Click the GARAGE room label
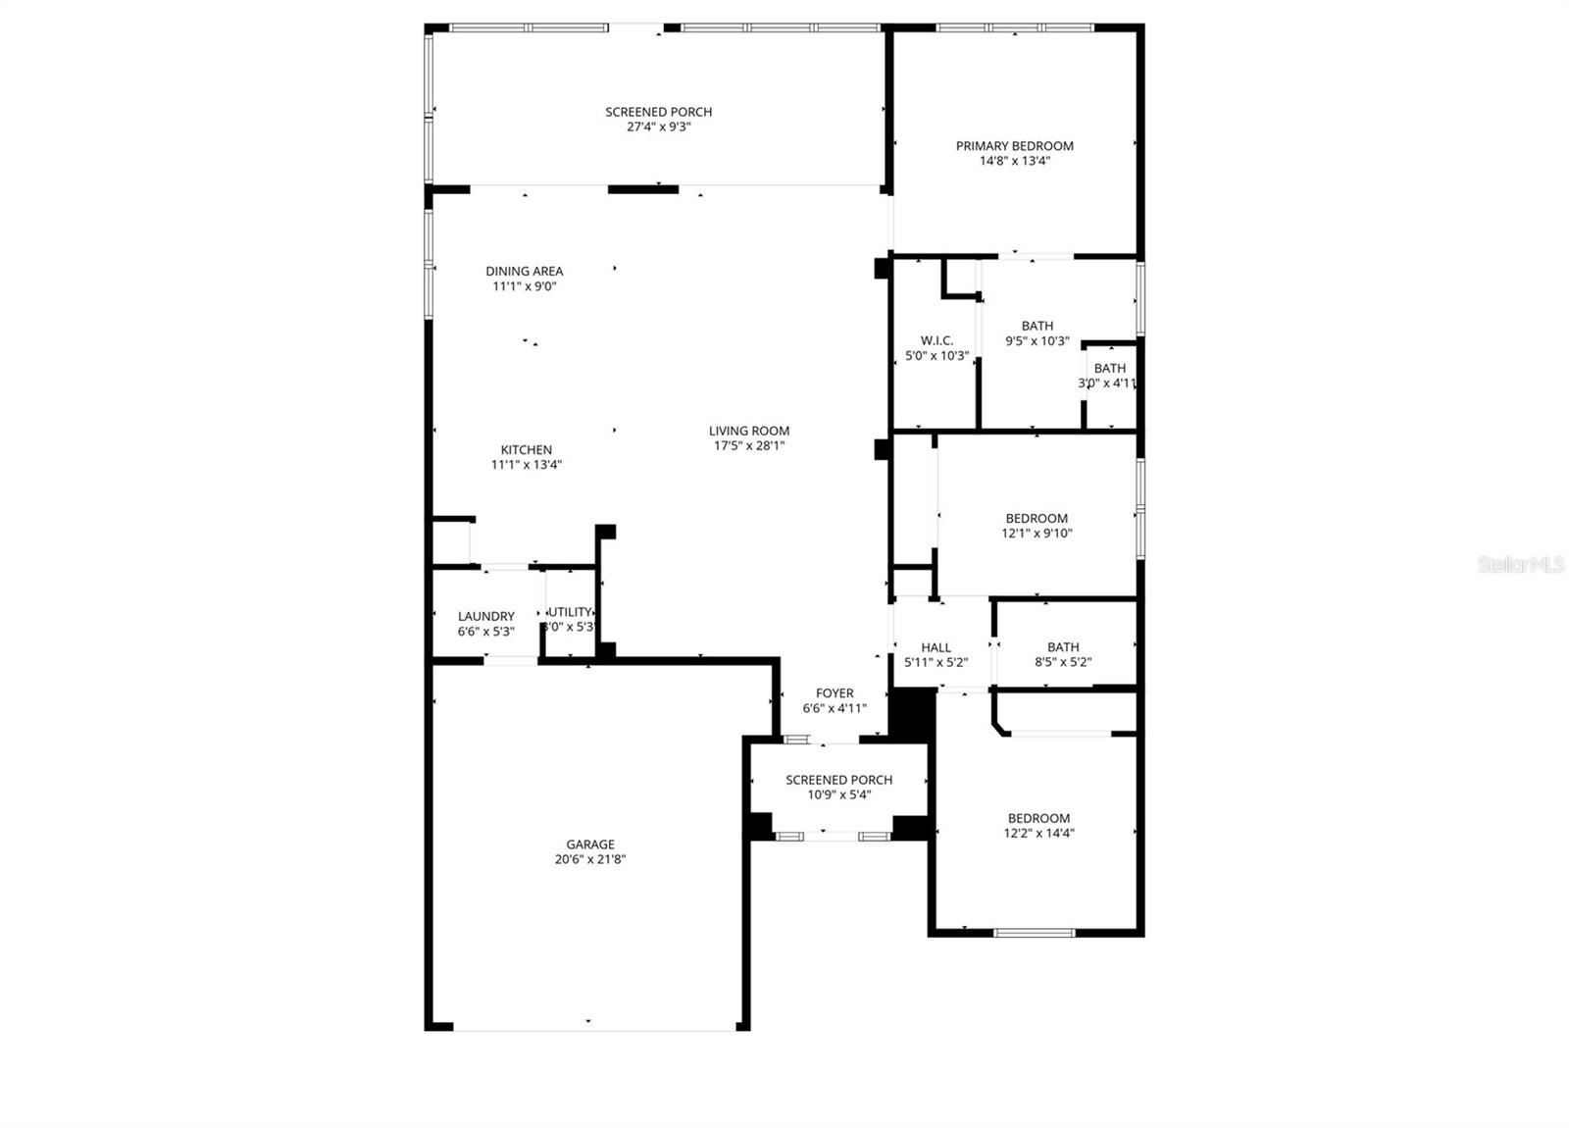point(589,845)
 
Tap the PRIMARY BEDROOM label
point(1014,146)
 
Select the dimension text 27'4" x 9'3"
point(658,127)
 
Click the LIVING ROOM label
point(749,431)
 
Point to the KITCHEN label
point(527,450)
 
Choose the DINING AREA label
point(525,272)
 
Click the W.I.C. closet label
point(936,340)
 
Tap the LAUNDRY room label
point(485,617)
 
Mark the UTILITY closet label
point(571,612)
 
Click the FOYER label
point(835,693)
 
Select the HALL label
point(936,647)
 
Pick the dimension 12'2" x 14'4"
point(1038,834)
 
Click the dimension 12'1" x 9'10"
point(1037,534)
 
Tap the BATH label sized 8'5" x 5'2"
point(1063,647)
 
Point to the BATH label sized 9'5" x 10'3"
point(1037,326)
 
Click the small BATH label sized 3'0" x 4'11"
point(1110,369)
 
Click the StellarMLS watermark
point(1521,565)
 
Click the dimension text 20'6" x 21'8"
point(589,859)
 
